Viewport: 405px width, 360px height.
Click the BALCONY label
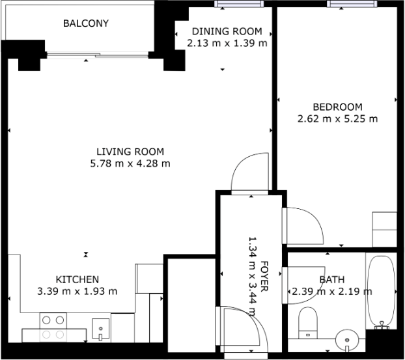[x=85, y=24]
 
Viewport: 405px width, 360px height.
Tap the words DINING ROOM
[x=227, y=31]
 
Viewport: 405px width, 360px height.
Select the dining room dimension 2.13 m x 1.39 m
[x=227, y=43]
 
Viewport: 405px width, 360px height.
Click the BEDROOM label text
[x=337, y=107]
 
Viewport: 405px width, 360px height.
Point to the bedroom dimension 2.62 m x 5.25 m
[x=337, y=119]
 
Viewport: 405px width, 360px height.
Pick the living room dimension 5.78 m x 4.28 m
[x=130, y=164]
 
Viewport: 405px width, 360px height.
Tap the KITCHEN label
[x=77, y=279]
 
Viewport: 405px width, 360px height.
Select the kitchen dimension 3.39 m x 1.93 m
[x=76, y=290]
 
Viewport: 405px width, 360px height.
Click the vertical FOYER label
[x=265, y=278]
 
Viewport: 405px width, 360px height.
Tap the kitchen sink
[x=100, y=329]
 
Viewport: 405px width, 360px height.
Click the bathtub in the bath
[x=380, y=291]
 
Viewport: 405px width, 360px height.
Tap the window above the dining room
[x=236, y=3]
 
